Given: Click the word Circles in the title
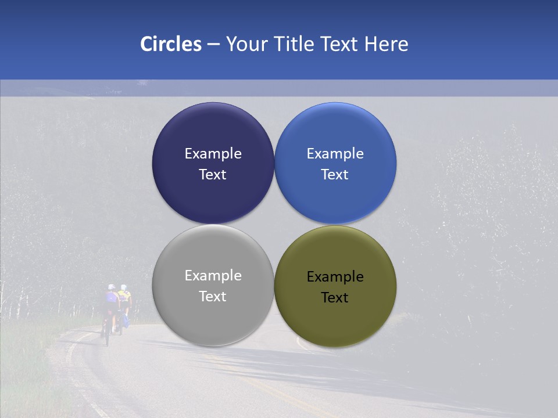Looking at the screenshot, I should pos(171,44).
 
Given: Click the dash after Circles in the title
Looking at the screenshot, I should pos(213,45).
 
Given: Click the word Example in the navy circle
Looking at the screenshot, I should pos(213,153).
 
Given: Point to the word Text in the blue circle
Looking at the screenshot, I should pos(335,174).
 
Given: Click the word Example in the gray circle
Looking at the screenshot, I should pos(213,275).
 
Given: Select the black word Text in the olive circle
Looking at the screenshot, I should pos(335,297).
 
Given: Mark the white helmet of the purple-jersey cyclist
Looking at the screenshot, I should pos(111,287).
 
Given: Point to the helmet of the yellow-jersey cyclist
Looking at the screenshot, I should pos(123,287).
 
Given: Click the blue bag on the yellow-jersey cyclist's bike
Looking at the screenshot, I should pos(126,320).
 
